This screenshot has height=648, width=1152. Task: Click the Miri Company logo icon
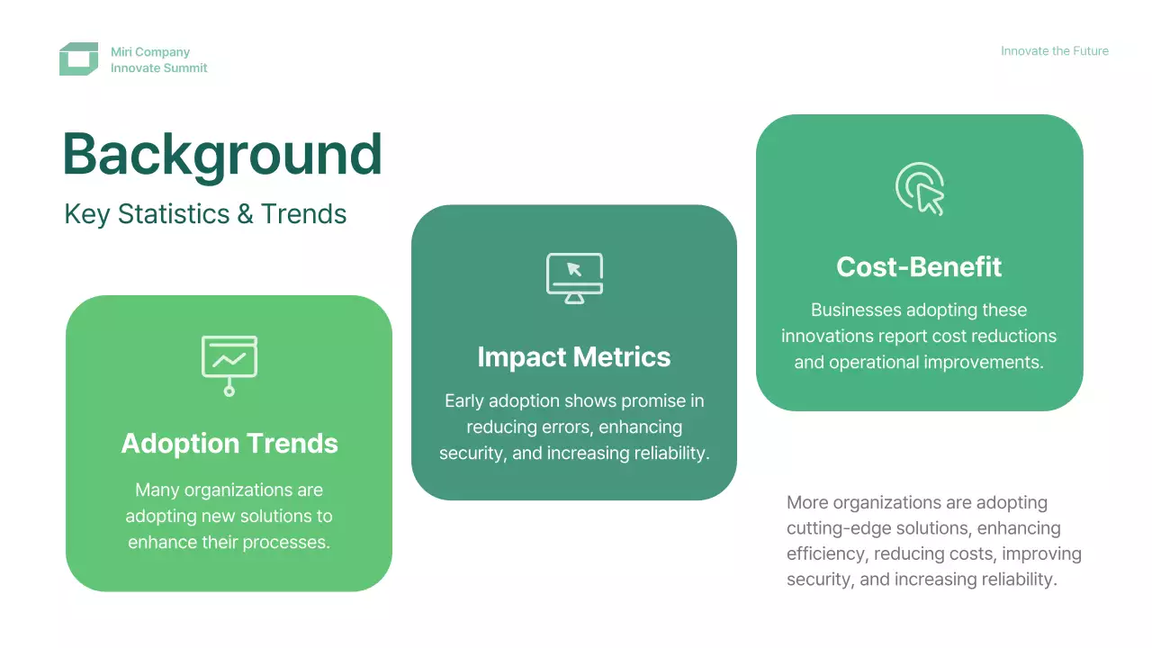click(78, 59)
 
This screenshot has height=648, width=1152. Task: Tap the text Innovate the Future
click(1054, 51)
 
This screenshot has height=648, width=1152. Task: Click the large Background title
click(222, 154)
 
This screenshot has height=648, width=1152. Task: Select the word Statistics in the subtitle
click(174, 214)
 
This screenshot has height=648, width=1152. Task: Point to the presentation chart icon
click(229, 365)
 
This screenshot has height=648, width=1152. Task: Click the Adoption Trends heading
click(229, 444)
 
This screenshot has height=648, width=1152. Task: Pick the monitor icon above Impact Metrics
click(574, 278)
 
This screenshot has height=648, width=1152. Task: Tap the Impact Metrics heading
click(574, 357)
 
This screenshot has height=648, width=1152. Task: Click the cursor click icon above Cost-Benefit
click(920, 189)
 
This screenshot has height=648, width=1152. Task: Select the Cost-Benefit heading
click(919, 267)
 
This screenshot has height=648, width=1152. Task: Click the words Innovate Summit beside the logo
click(159, 67)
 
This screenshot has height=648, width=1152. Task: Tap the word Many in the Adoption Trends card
click(157, 490)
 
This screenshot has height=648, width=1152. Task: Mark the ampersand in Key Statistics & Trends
click(246, 214)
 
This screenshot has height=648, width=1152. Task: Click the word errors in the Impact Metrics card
click(565, 427)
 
